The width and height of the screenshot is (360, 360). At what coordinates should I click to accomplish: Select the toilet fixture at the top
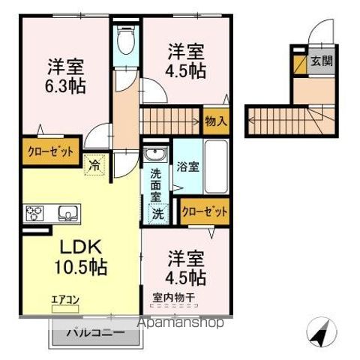[124, 41]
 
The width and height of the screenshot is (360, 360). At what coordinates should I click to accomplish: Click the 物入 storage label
[216, 120]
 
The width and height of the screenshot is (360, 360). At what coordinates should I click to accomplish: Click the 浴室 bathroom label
[188, 167]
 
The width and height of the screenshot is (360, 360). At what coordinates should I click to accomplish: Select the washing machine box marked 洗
[157, 213]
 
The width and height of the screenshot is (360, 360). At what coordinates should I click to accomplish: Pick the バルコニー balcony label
[93, 332]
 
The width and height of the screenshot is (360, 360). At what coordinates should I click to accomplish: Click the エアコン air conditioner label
[64, 301]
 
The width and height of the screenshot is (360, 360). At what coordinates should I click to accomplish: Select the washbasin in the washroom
[156, 155]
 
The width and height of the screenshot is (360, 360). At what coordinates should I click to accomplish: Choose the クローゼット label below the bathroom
[204, 211]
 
